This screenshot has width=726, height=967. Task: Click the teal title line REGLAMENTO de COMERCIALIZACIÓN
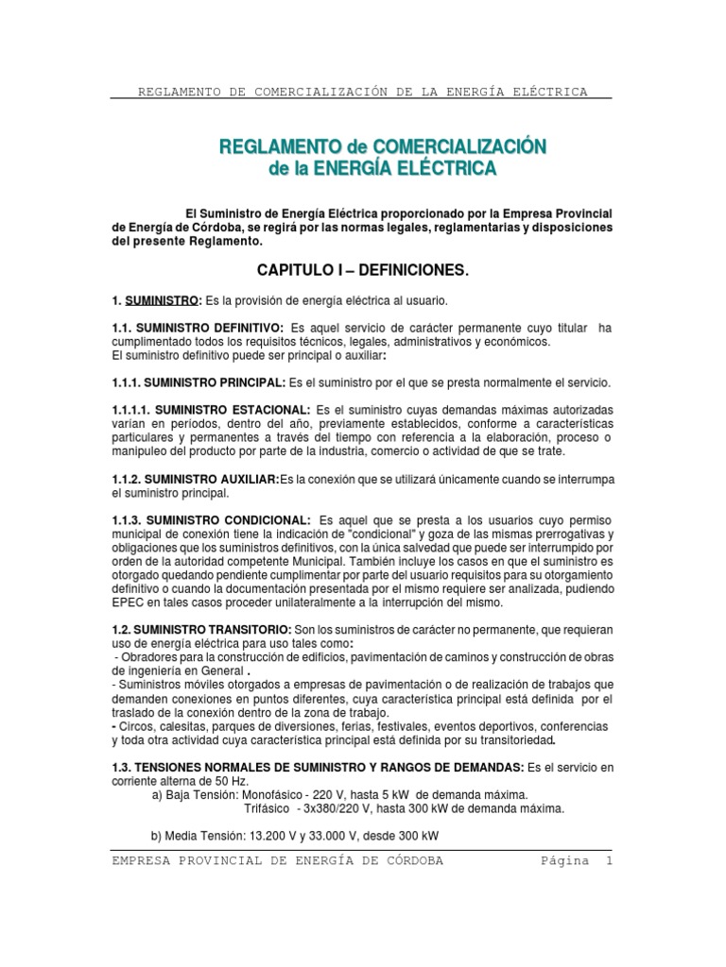coord(383,146)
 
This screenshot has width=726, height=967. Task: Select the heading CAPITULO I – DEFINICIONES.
coord(363,271)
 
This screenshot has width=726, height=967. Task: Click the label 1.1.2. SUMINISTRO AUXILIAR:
coord(195,481)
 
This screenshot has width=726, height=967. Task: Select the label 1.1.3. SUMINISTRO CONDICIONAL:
coord(211,521)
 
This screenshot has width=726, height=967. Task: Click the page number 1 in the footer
coord(610,861)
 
